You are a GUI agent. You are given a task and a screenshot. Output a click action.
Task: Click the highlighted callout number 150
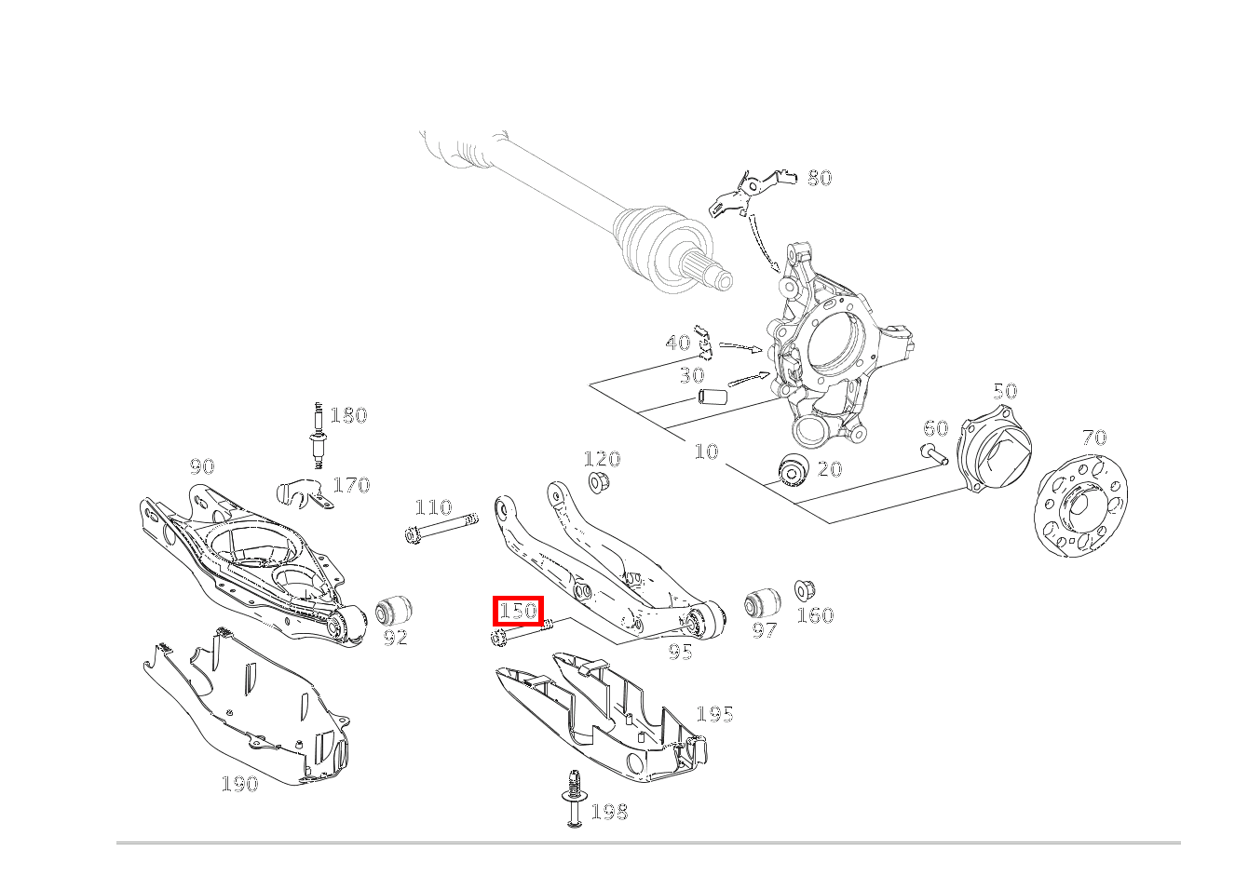click(x=518, y=612)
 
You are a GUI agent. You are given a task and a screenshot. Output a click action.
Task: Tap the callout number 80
click(x=819, y=178)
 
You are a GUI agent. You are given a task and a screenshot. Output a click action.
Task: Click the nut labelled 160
click(x=805, y=589)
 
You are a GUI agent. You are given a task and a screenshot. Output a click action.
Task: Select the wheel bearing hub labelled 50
click(x=996, y=454)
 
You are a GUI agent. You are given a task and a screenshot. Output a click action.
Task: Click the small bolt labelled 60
click(x=932, y=454)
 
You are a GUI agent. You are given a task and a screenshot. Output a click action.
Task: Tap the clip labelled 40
click(x=705, y=344)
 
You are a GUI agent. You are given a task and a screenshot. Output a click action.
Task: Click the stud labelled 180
click(x=319, y=436)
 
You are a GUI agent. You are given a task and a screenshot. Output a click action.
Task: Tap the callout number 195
click(x=714, y=714)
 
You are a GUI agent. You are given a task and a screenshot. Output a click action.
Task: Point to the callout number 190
click(x=239, y=784)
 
